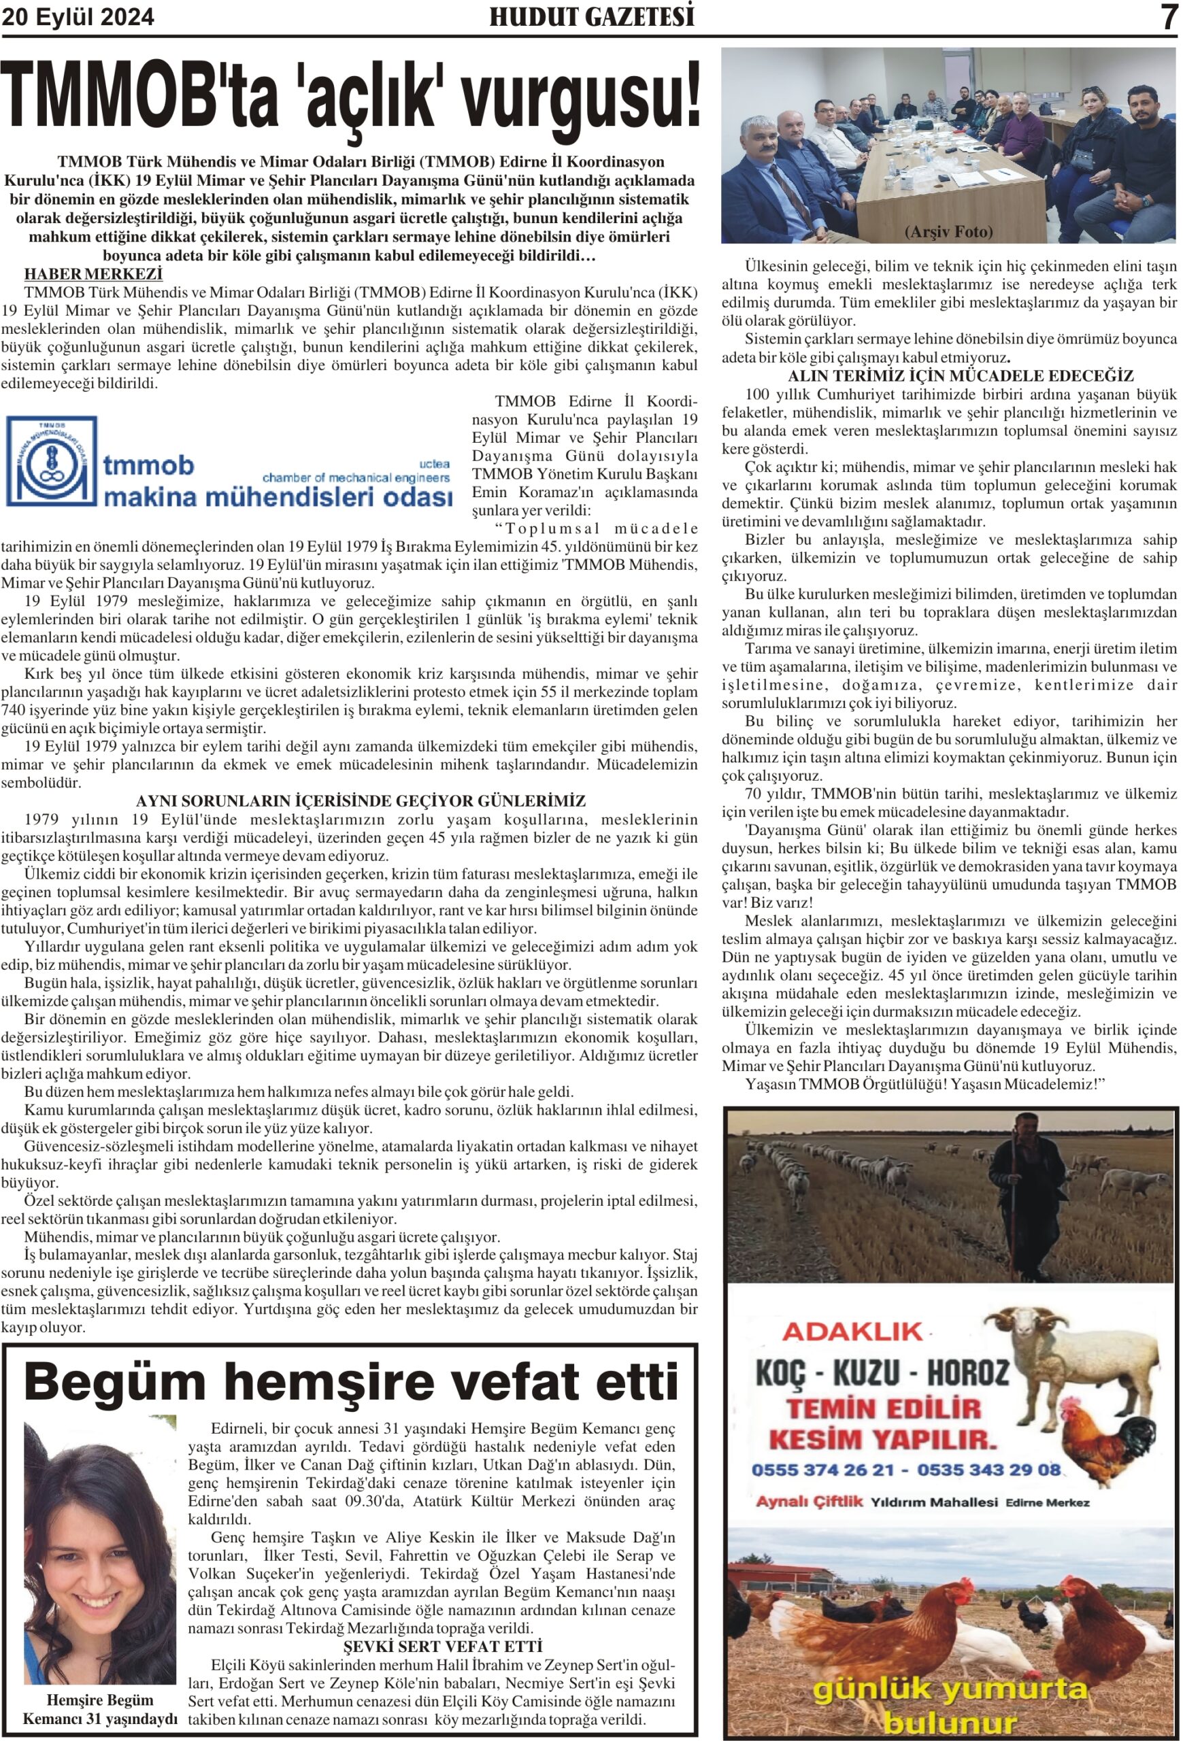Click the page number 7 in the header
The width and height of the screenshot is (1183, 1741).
pos(1167,17)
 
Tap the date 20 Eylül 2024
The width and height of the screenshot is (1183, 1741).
pos(78,16)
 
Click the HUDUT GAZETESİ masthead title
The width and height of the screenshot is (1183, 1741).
pos(591,16)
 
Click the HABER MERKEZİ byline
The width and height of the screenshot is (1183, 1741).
pos(94,273)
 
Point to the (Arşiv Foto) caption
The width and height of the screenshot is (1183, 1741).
pos(948,232)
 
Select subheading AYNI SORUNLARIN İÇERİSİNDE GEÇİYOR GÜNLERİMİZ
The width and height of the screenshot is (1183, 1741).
pos(361,802)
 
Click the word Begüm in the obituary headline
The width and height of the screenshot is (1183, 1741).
pos(116,1381)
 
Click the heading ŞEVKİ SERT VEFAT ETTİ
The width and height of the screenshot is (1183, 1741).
pos(442,1646)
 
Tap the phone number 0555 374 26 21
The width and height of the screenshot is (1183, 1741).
pos(822,1470)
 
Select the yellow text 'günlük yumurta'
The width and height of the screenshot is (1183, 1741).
pos(949,1689)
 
